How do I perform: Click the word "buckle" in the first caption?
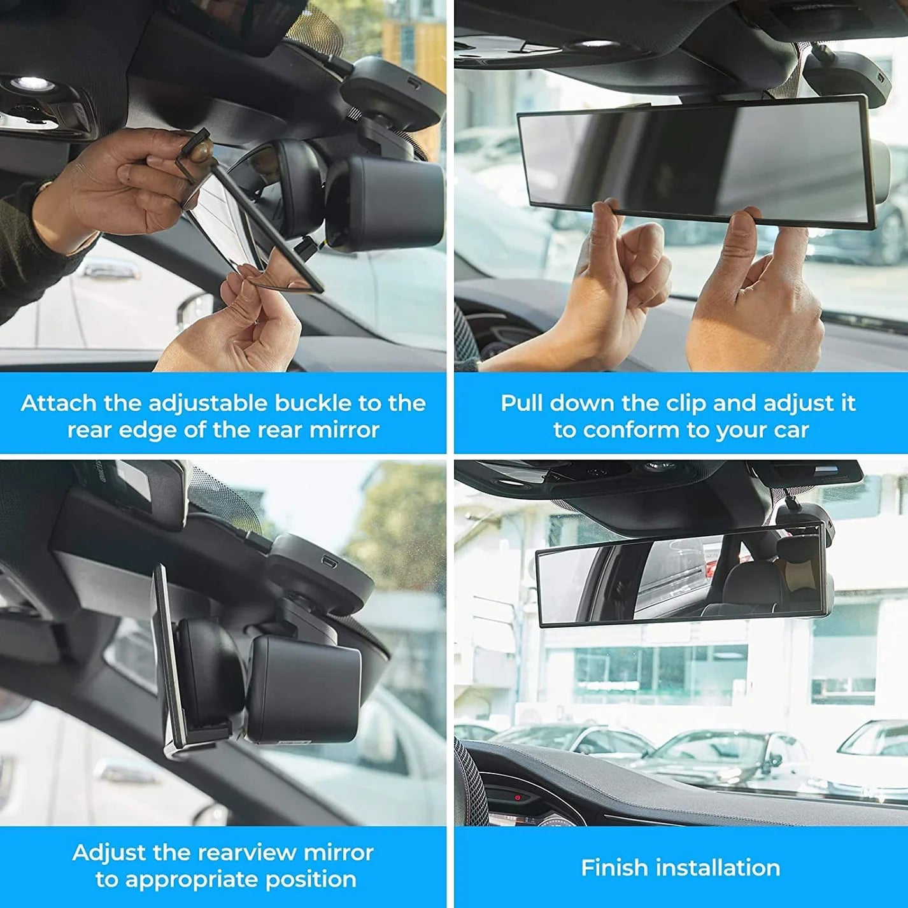pos(313,403)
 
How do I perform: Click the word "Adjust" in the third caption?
pos(109,853)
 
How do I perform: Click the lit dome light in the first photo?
pos(32,83)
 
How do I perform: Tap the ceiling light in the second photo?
pos(594,45)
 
